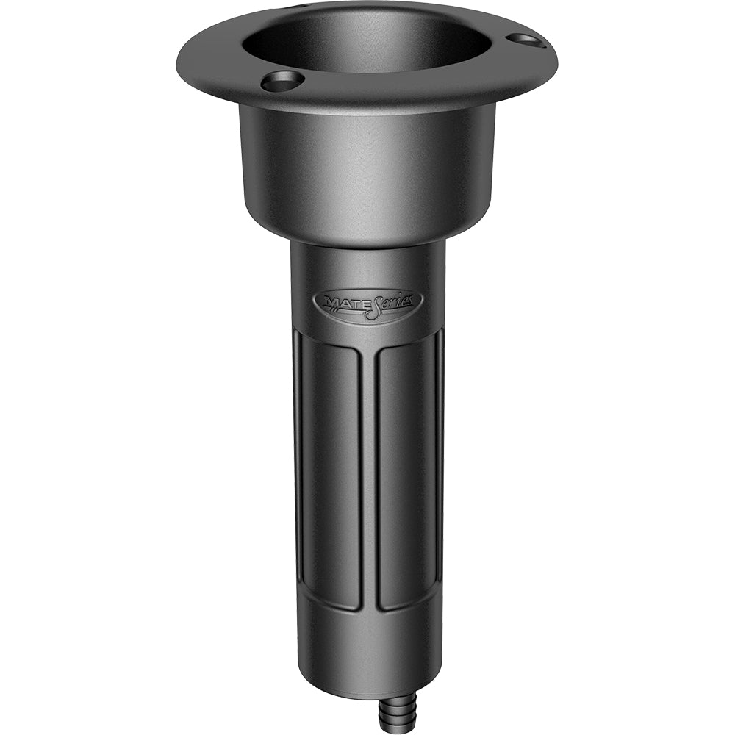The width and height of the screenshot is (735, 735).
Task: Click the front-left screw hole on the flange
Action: coord(283,81)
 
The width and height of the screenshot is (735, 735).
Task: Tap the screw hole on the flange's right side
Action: coord(526,40)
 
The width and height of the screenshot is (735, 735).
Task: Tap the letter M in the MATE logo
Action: coord(327,301)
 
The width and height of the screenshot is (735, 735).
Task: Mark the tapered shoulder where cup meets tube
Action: coord(367,234)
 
